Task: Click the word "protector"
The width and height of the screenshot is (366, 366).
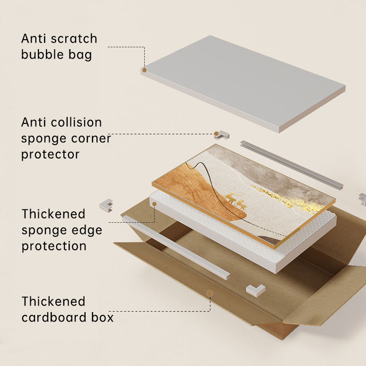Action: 50,154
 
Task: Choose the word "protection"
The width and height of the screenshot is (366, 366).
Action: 54,246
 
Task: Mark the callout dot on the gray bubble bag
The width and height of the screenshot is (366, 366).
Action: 144,70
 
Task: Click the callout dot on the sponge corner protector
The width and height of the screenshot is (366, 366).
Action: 217,134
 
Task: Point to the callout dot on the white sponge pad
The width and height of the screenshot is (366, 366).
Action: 154,204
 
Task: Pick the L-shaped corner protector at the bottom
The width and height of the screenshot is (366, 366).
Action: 255,290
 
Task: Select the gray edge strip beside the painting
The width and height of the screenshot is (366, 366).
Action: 291,164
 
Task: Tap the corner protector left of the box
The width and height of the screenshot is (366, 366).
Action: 106,205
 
